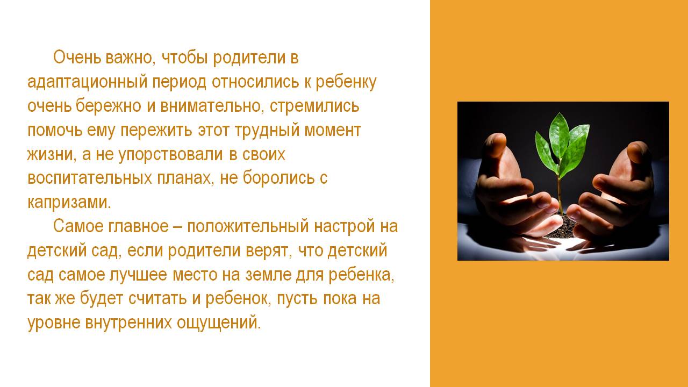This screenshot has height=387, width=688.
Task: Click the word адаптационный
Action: (87, 82)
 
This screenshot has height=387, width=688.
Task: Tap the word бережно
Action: (109, 105)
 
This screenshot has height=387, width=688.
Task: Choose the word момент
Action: (333, 131)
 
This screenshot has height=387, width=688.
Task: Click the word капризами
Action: (69, 203)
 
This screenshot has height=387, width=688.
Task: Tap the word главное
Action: (138, 226)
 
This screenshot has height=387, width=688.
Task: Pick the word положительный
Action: (248, 227)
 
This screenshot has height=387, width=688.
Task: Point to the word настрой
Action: (345, 227)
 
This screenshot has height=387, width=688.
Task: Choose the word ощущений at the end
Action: (219, 323)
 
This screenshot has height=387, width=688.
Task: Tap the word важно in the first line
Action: (128, 58)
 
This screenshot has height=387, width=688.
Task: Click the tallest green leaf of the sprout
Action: (560, 136)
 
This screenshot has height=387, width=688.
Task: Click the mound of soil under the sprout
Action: (562, 226)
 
